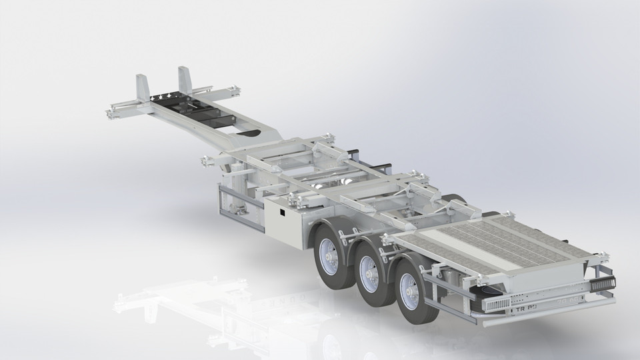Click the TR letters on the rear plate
[x=519, y=310]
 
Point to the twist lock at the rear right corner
[x=603, y=257]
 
